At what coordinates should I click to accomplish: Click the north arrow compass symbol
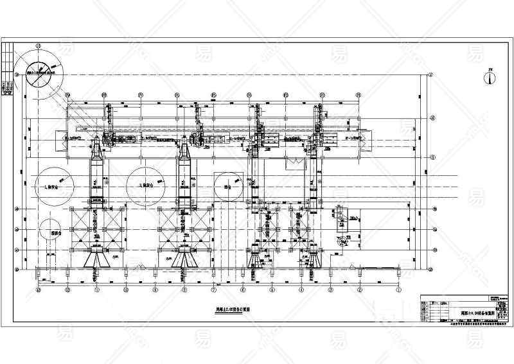[490, 78]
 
